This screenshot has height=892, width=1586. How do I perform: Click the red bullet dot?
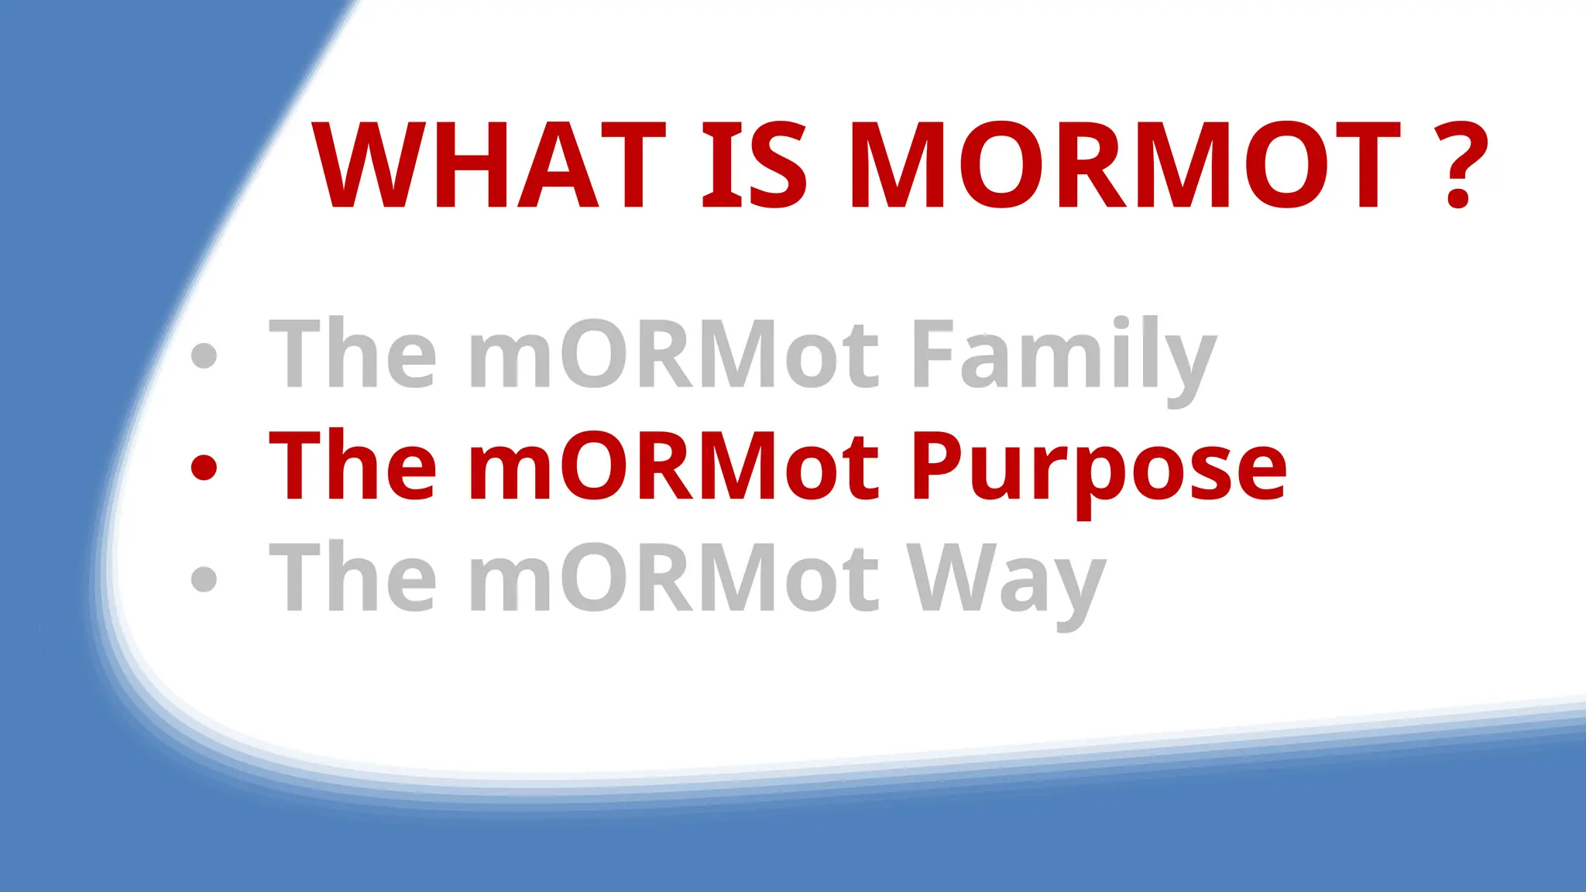coord(204,467)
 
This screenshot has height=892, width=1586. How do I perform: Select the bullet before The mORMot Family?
coord(204,355)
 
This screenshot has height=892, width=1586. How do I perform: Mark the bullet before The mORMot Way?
coord(204,578)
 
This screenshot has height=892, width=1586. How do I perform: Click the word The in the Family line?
coord(352,353)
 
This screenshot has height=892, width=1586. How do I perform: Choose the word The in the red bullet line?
coord(352,465)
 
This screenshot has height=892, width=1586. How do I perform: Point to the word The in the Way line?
coord(352,577)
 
